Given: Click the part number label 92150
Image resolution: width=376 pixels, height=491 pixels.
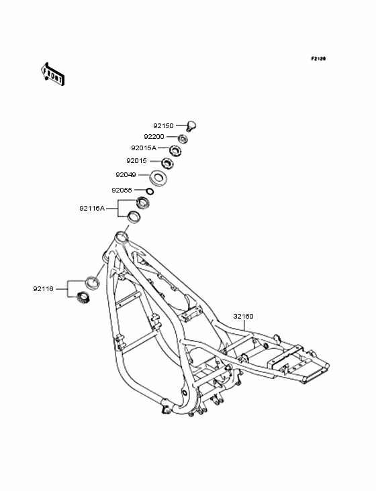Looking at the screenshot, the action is tap(163, 126).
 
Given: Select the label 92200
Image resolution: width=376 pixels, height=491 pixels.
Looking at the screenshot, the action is tap(154, 137).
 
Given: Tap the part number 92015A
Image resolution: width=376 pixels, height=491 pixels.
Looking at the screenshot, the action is tap(144, 148).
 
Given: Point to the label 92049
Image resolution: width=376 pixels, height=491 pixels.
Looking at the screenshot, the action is tap(126, 174).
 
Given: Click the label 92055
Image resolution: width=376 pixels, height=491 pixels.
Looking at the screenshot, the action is tap(122, 190).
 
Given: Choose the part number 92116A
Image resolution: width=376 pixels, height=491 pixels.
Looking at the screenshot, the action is tap(92, 208).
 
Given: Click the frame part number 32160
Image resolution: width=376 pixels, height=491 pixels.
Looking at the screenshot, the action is tap(244, 317).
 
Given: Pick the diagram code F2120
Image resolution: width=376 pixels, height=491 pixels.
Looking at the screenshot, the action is tap(318, 58).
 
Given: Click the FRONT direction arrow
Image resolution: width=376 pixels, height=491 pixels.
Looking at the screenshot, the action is tap(52, 74).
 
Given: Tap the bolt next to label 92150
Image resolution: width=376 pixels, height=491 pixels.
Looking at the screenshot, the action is tap(191, 126).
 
